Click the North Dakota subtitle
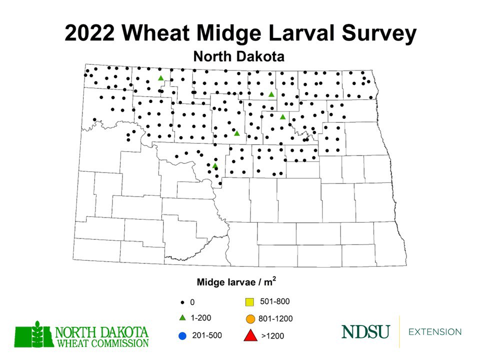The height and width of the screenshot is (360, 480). coord(239,56)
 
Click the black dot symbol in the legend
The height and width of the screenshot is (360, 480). coord(182,302)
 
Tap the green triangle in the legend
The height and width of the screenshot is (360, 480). coord(182,318)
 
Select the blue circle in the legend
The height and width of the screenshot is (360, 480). coord(182,335)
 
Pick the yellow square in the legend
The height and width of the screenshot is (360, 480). coord(249,301)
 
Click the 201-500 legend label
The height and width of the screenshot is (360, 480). coord(207,335)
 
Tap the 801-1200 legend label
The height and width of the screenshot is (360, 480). coord(276,318)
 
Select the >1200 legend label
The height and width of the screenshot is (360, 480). coord(272,336)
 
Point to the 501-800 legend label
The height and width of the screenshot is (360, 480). coord(275,301)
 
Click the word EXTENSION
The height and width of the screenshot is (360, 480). coord(435,332)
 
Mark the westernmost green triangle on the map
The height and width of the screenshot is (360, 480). coord(161,78)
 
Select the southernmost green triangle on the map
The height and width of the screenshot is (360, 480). coord(215,165)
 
